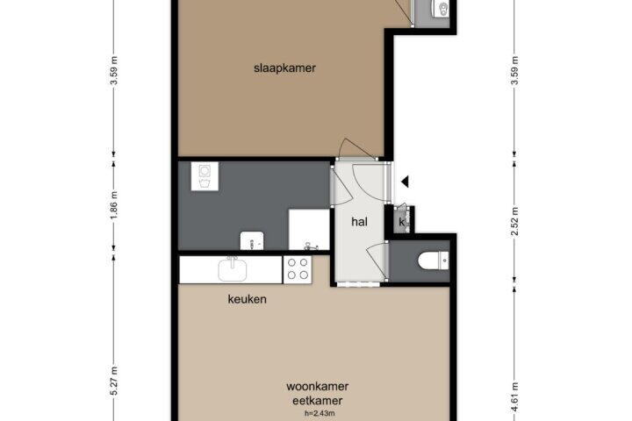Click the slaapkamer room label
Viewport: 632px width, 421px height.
(x=284, y=68)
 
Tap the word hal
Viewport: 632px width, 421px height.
(x=359, y=222)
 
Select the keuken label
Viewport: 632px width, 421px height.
(x=247, y=299)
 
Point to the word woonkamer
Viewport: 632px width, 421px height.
(x=318, y=386)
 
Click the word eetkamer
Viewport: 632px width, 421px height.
(x=318, y=401)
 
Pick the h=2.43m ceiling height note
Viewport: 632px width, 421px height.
(x=320, y=413)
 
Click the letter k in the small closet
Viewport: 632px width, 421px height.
(x=401, y=222)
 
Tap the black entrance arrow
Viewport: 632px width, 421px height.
(x=405, y=182)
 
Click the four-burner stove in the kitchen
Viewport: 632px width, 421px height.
(x=298, y=269)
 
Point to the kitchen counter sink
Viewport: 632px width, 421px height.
(x=233, y=269)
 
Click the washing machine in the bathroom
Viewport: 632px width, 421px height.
(x=205, y=176)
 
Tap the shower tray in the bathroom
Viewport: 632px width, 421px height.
(x=309, y=229)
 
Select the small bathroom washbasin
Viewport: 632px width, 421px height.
(x=252, y=240)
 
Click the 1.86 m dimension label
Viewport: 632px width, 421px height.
(x=114, y=205)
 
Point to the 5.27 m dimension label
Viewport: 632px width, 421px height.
(x=114, y=381)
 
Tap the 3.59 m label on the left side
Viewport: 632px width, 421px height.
(x=114, y=71)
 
